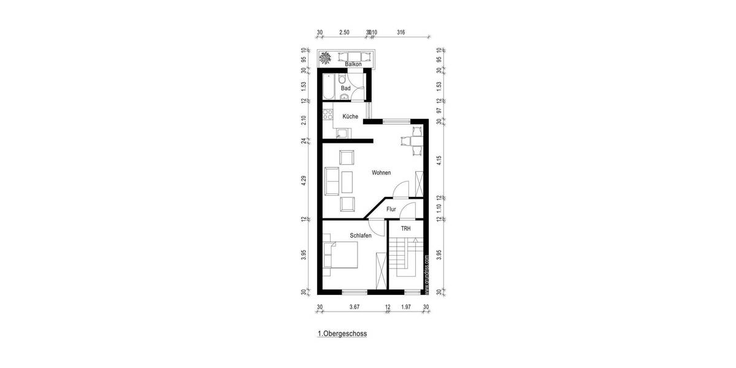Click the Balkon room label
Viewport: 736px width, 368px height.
[353, 64]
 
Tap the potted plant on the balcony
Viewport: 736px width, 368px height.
[326, 58]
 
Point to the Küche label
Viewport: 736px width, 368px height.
[350, 117]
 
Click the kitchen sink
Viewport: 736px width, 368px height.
[342, 132]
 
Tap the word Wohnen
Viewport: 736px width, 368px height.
[381, 173]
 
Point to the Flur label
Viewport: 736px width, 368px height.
[391, 210]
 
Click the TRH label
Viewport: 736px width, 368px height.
[405, 229]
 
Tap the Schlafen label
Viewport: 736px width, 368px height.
[361, 236]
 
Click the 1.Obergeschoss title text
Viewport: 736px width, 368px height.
[342, 334]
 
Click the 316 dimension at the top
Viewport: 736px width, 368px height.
[401, 33]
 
